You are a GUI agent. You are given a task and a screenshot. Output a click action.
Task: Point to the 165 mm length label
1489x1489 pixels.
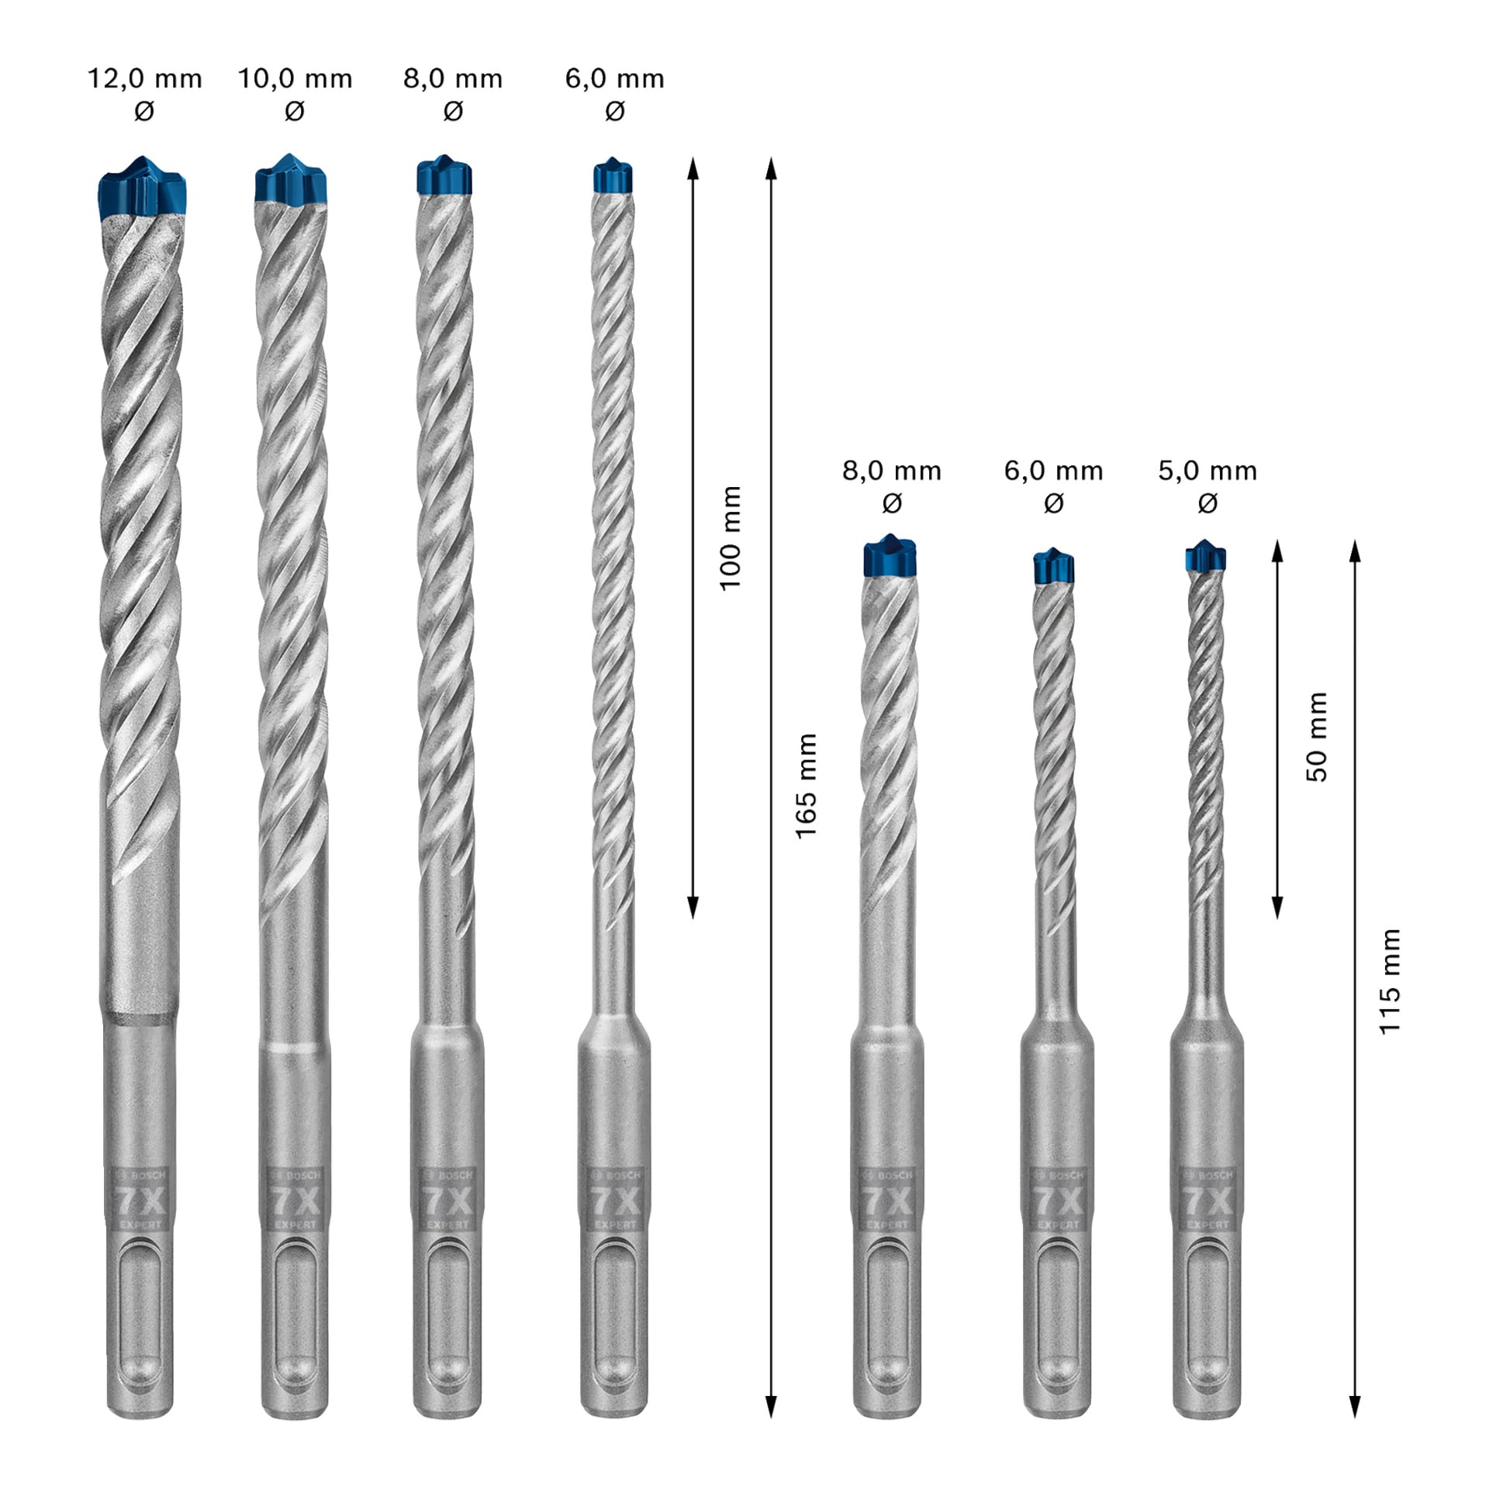click(807, 785)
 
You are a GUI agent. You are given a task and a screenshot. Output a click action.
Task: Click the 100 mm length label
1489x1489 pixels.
click(731, 537)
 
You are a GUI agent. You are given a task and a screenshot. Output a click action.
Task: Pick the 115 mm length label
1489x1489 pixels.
click(1390, 981)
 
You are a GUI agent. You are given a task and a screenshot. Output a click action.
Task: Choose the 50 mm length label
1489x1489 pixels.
click(1318, 736)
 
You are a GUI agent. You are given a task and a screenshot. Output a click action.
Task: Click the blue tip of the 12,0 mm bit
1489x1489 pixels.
click(142, 187)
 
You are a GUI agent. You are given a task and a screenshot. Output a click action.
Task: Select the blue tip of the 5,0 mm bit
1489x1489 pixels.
click(1205, 558)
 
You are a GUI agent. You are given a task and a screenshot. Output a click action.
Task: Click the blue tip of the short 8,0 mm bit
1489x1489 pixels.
click(890, 556)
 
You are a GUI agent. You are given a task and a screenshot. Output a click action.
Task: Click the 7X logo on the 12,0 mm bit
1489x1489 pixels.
click(140, 1201)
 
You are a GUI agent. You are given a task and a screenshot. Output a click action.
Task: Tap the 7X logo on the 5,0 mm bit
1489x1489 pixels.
click(1207, 1201)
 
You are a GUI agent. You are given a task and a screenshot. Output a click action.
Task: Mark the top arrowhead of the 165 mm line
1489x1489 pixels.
click(771, 168)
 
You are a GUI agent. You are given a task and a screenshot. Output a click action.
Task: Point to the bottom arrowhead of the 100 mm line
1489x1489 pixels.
click(693, 907)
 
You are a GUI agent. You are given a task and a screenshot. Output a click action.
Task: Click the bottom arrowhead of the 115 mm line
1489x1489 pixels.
click(1355, 1406)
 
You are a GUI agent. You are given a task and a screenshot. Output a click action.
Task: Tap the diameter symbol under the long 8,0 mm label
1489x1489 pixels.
click(453, 112)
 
